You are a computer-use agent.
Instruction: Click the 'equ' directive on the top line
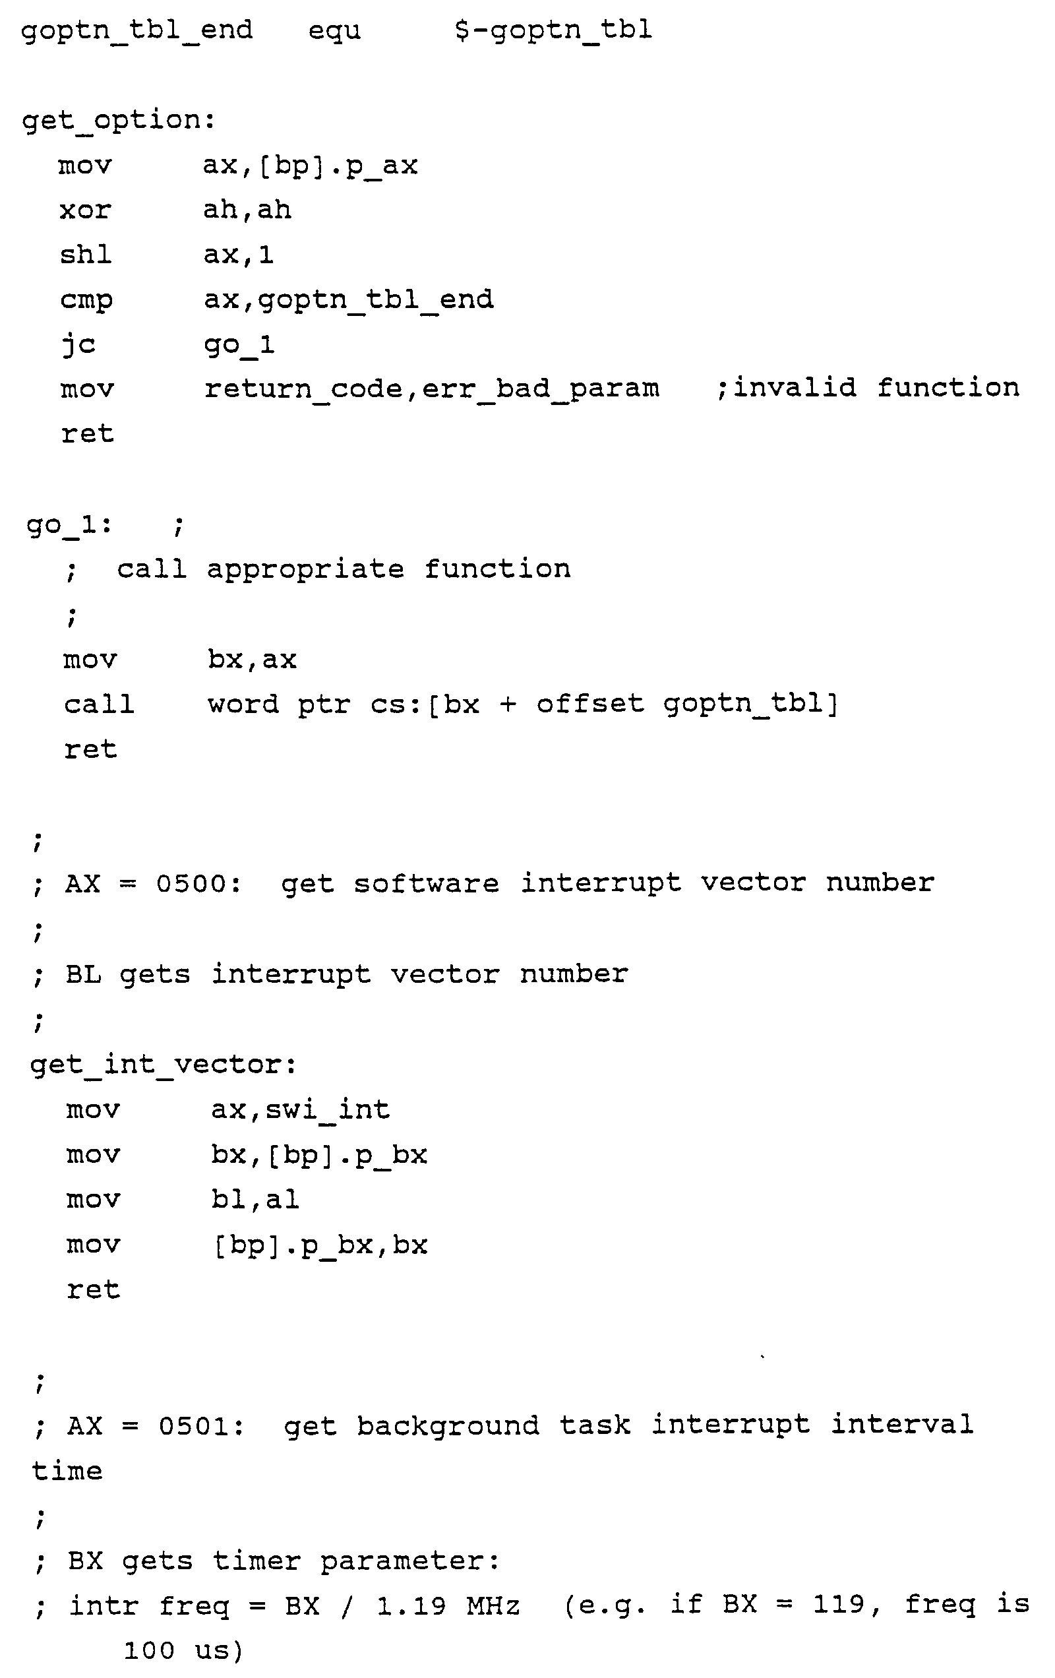(334, 30)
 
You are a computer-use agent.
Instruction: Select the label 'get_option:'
(119, 121)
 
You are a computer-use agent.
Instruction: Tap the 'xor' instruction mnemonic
(85, 210)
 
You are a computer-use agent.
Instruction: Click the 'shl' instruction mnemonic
(86, 255)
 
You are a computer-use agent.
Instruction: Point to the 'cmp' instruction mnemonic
(86, 300)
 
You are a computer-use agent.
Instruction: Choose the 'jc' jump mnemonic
(78, 344)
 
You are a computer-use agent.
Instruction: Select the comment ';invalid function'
(868, 387)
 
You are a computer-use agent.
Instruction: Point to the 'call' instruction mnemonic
(99, 704)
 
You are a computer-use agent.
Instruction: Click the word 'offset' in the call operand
(589, 704)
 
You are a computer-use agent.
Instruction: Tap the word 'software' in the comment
(426, 884)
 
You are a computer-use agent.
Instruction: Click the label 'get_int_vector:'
(163, 1064)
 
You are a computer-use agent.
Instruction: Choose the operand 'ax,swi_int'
(299, 1109)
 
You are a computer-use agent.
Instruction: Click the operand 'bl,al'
(255, 1199)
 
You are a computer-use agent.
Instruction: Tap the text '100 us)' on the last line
(183, 1651)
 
